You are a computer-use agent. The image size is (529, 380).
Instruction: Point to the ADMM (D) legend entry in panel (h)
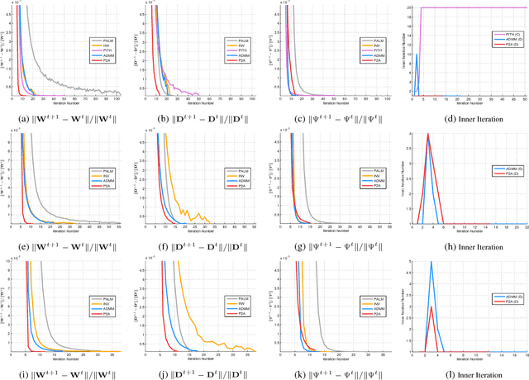point(503,168)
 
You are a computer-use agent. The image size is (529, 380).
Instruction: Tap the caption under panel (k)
point(331,370)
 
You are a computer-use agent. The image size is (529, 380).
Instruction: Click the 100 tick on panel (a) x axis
point(117,98)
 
